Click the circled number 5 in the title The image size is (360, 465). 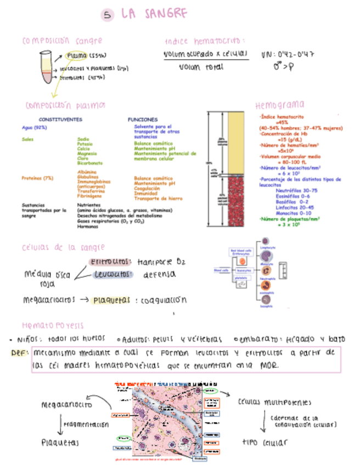click(108, 15)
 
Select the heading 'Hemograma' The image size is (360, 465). click(280, 105)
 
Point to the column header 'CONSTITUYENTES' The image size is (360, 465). click(60, 119)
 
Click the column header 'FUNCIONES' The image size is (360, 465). click(143, 119)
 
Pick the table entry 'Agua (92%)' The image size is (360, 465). click(34, 127)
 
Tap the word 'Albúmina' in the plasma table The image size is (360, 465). click(88, 172)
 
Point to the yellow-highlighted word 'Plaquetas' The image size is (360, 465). click(111, 300)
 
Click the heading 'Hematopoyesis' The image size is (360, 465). click(52, 325)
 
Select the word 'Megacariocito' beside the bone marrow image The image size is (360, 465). click(66, 405)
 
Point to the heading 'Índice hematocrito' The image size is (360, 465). click(204, 41)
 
